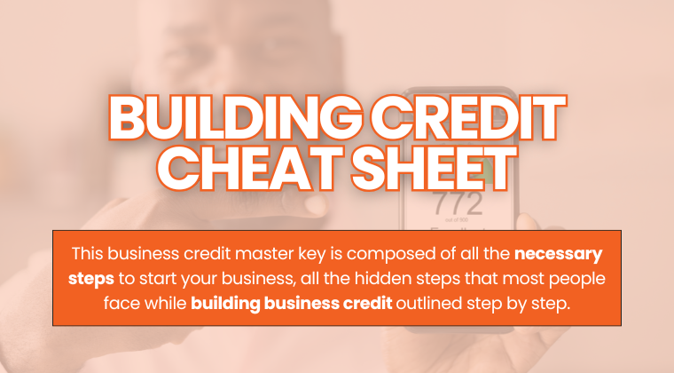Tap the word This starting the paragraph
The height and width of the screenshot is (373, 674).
[x=88, y=253]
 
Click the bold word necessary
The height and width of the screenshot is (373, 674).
[x=557, y=253]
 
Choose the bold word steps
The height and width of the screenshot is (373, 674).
[x=91, y=276]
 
